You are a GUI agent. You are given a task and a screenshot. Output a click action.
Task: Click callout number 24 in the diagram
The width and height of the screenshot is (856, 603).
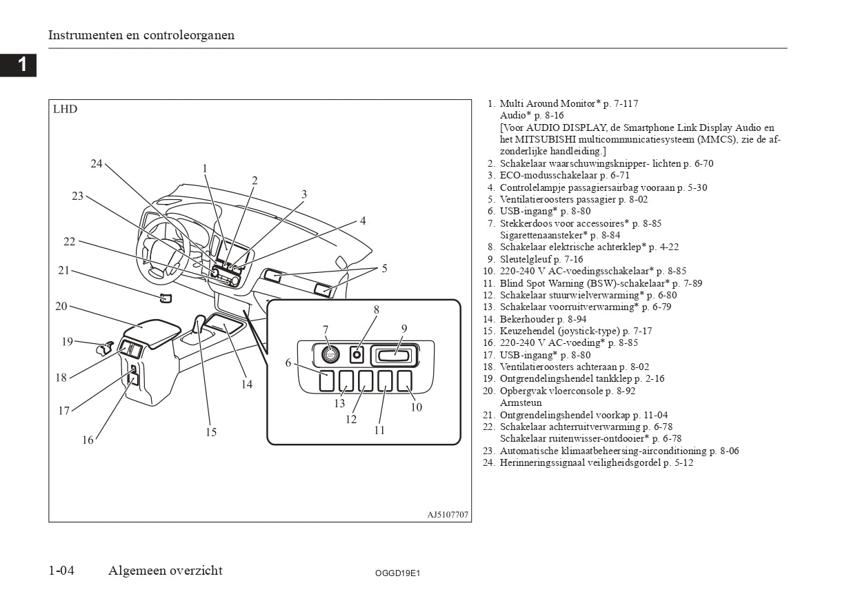[x=97, y=163]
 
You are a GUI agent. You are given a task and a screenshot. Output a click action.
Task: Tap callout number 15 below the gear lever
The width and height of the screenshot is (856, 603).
[x=211, y=432]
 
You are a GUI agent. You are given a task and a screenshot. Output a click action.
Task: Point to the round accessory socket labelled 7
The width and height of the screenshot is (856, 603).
[x=330, y=354]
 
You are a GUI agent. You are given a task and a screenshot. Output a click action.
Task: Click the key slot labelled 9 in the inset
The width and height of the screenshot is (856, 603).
[x=393, y=356]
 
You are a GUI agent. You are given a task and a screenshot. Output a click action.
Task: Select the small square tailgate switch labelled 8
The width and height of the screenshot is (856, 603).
[x=357, y=355]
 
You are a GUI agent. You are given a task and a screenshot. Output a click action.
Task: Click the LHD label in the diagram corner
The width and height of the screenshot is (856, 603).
[x=65, y=109]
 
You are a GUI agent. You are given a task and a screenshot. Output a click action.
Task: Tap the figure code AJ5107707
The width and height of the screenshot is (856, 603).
[x=448, y=514]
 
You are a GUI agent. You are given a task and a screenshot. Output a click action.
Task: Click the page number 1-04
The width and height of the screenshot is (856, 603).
[x=61, y=570]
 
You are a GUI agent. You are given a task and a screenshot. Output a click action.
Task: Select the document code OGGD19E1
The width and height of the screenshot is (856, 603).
[x=397, y=573]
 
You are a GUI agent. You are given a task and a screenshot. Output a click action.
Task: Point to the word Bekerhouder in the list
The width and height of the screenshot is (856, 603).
[x=526, y=319]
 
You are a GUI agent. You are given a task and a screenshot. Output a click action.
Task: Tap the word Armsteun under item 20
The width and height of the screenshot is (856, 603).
[x=521, y=402]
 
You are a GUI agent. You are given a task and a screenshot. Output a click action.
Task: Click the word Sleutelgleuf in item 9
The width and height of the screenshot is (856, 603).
[x=526, y=259]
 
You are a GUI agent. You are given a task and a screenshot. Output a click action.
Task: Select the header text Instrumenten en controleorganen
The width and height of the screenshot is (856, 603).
[x=141, y=35]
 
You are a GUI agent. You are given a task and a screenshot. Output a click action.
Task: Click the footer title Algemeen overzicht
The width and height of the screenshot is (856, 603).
[x=165, y=570]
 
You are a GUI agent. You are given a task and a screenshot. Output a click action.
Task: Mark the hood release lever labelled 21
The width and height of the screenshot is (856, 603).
[x=166, y=298]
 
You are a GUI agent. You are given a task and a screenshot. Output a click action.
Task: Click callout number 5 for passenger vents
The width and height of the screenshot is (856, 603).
[x=384, y=269]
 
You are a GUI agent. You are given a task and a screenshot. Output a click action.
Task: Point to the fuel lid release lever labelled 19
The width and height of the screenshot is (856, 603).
[x=104, y=348]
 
